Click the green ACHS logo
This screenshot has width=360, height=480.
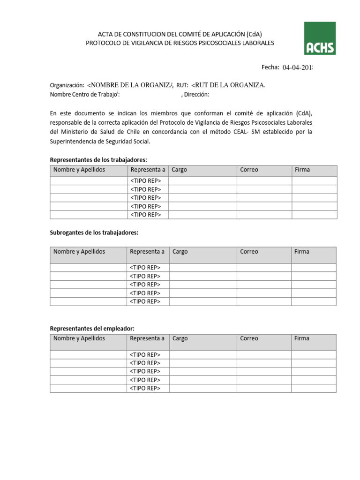[320, 38]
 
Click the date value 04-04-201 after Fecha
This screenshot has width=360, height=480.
[298, 68]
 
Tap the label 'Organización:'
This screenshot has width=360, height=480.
[67, 85]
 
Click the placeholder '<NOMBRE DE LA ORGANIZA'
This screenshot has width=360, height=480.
[130, 85]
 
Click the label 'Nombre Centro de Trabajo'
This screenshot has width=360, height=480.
[83, 95]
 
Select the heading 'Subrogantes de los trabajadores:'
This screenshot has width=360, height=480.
[94, 232]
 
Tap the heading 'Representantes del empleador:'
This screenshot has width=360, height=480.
[92, 329]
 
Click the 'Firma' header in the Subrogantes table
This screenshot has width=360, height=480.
[301, 252]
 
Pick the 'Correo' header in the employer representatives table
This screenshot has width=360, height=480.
[249, 338]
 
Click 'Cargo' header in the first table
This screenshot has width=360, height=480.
[180, 170]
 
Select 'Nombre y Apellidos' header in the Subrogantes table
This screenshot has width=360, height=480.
[79, 252]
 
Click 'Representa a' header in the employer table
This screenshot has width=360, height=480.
[147, 338]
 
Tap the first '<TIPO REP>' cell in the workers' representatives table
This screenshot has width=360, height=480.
[145, 181]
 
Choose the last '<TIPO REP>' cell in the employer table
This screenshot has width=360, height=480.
[145, 388]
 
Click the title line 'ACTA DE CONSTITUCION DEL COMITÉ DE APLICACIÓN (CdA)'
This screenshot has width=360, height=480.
[180, 34]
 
